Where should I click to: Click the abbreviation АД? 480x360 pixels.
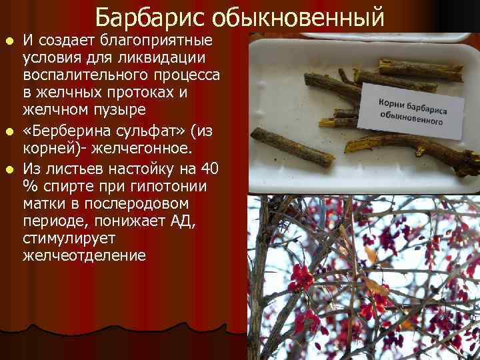(179, 219)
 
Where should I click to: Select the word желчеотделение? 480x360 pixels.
(84, 255)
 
